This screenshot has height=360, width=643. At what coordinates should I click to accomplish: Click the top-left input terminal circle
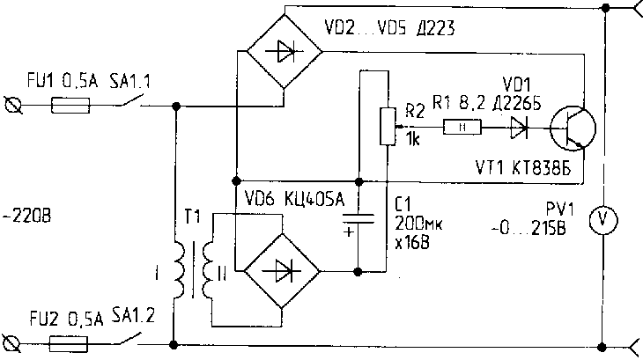12,107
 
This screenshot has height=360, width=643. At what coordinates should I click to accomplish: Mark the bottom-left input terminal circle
12,341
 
